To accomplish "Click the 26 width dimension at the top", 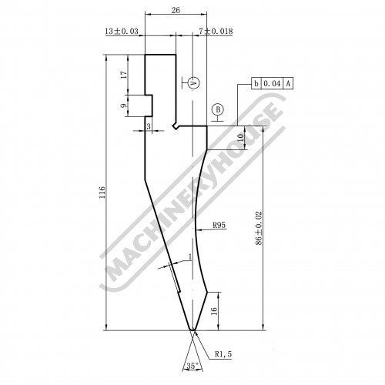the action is click(x=176, y=10).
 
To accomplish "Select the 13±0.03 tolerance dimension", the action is click(x=122, y=32).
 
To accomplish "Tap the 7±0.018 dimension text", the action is click(x=216, y=32).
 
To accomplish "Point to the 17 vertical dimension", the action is click(x=124, y=75).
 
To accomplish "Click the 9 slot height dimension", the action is click(x=124, y=105).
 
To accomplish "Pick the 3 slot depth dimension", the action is click(x=149, y=126).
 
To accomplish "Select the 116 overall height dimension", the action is click(x=102, y=192).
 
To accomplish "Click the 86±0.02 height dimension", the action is click(x=259, y=228).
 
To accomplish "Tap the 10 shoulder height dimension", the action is click(x=240, y=138).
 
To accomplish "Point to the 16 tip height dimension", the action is click(x=214, y=311).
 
